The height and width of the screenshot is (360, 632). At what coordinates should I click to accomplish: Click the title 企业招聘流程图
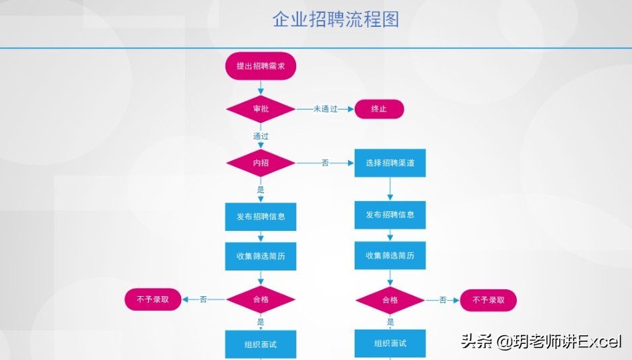coord(335,19)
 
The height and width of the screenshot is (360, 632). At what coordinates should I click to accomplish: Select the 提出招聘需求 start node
coord(260,67)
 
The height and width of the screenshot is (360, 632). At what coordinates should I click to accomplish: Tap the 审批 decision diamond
coord(260,109)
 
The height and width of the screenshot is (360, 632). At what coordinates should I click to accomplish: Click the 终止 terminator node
coord(379,109)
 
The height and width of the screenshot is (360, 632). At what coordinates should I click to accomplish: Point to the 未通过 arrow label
coord(325,109)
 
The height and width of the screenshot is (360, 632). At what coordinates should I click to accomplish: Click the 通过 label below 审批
coord(260,136)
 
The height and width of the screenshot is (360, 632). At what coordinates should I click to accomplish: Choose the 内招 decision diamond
coord(260,163)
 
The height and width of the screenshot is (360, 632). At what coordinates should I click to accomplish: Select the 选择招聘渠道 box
coord(390,163)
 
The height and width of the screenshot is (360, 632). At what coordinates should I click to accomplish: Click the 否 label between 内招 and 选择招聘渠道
coord(325,163)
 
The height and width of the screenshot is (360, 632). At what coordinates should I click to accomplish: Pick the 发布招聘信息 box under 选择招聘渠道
coord(390,215)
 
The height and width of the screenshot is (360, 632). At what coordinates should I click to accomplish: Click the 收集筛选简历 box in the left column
coord(260,256)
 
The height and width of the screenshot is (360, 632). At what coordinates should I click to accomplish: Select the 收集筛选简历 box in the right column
coord(390,256)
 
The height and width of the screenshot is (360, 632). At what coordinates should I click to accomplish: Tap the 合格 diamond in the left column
coord(260,299)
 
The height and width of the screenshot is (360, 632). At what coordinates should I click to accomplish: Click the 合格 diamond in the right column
coord(390,300)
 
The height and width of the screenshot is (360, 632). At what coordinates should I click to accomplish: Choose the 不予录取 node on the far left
coord(153,299)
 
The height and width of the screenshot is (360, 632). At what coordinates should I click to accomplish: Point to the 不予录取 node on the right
coord(488,300)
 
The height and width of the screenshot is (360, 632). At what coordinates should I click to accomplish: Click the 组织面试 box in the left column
coord(260,345)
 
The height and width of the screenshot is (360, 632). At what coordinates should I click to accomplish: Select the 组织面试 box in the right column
coord(390,343)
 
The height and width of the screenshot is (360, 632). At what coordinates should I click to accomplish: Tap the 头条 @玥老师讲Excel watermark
coord(541,341)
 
